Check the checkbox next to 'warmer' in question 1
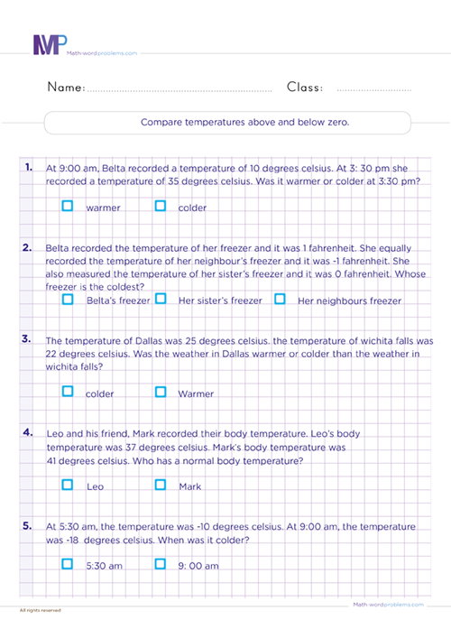click(x=68, y=206)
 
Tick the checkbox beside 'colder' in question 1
click(x=161, y=206)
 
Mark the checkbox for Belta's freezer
click(x=68, y=299)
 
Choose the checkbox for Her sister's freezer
click(x=161, y=299)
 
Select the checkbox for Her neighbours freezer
click(x=280, y=299)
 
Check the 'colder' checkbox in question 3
click(x=68, y=392)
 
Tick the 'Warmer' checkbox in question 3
click(x=161, y=392)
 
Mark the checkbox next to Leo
click(x=68, y=485)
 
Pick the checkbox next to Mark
click(x=161, y=485)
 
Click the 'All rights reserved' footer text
click(x=41, y=611)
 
